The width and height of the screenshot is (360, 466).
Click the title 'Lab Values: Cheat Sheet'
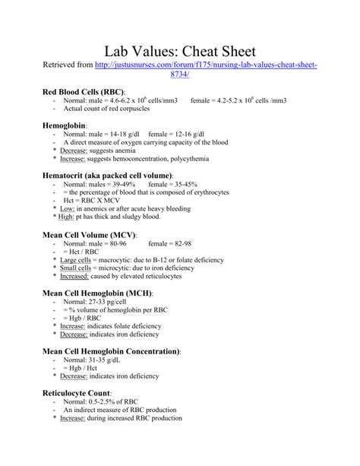click(x=180, y=51)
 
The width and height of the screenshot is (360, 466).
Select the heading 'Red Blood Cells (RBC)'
click(x=84, y=91)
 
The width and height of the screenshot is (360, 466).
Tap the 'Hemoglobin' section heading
click(x=65, y=123)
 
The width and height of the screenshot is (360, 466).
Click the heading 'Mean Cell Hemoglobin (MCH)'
click(x=96, y=293)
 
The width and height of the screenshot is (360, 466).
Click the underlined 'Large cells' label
click(x=77, y=261)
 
